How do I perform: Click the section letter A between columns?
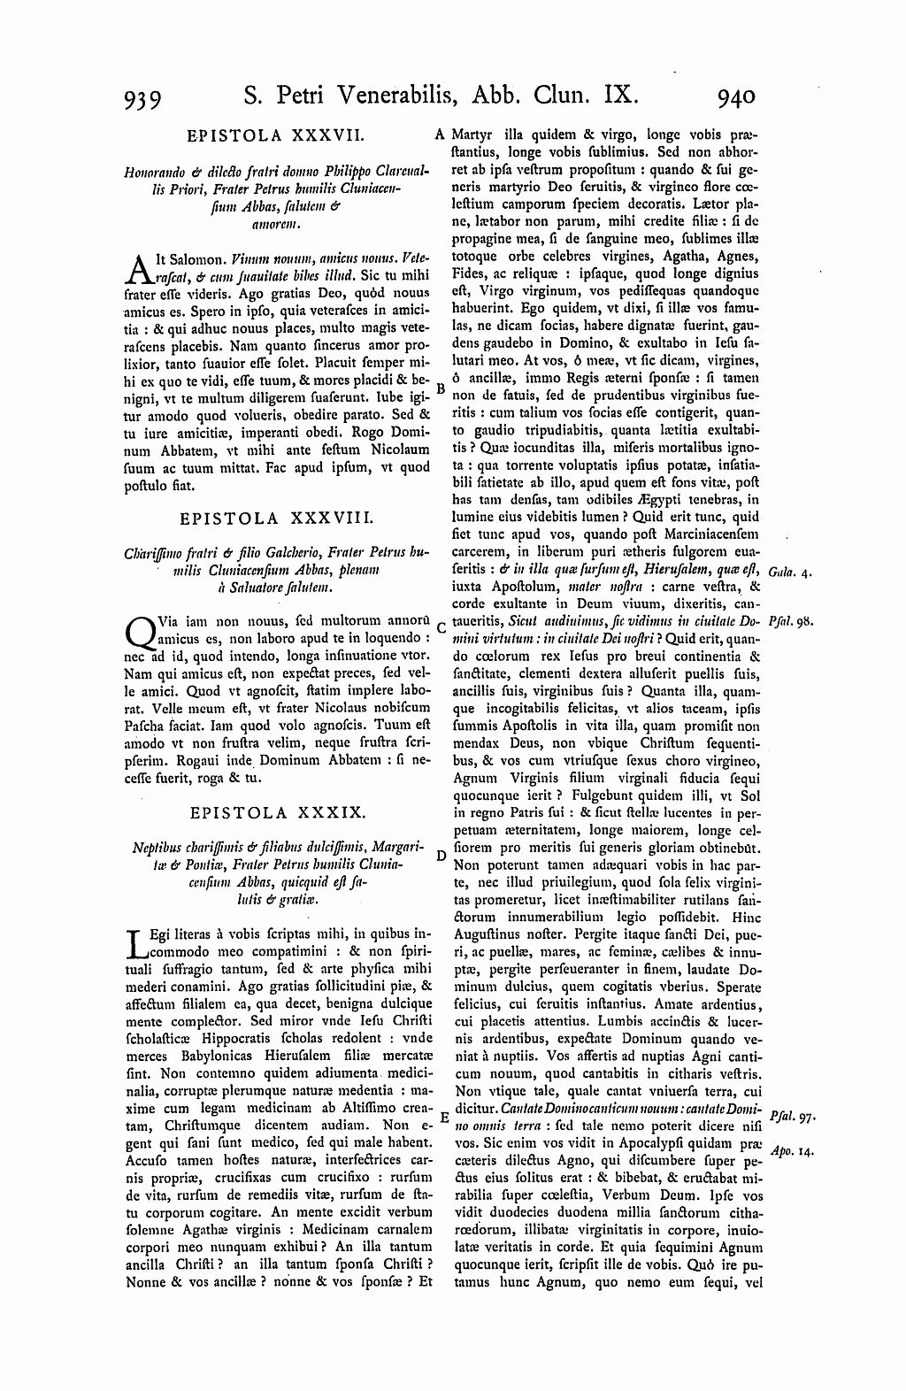(439, 135)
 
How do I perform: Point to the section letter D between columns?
(440, 854)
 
